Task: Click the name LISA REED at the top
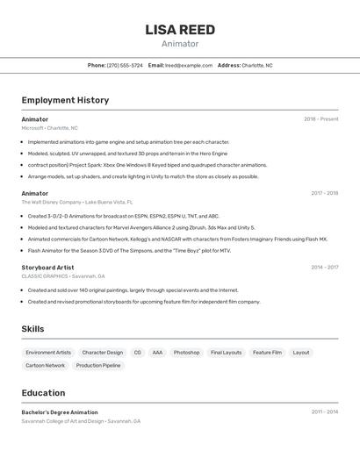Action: (180, 30)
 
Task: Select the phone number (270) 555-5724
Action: (125, 65)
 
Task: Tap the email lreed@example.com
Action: (189, 65)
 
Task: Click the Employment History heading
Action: (65, 100)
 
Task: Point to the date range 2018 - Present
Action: (320, 119)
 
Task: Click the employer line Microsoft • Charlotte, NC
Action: (50, 128)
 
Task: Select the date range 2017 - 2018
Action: (324, 193)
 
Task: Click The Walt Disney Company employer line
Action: (77, 202)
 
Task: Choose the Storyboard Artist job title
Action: (47, 267)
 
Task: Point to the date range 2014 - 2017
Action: (324, 267)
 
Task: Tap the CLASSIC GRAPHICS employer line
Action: (63, 275)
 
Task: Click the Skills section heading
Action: (33, 329)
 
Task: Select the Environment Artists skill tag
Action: (48, 353)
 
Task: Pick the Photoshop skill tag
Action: (186, 353)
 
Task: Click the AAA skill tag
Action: (157, 353)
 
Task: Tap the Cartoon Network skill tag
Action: (45, 365)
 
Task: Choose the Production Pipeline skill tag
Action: (98, 365)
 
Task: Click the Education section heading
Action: (44, 393)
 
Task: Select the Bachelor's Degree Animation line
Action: (60, 412)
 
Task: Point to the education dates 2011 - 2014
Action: (324, 412)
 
